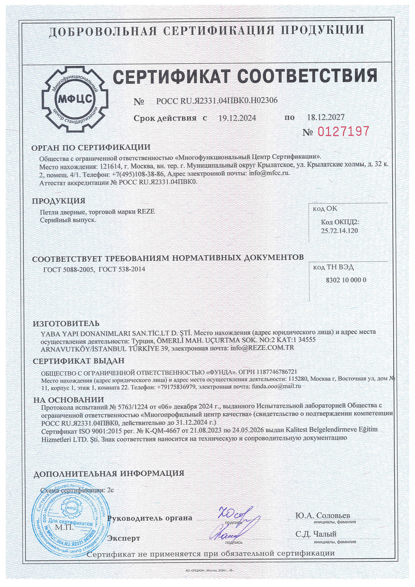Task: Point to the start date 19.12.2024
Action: point(237,118)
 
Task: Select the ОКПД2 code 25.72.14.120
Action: point(339,231)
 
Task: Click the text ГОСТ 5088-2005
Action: point(69,269)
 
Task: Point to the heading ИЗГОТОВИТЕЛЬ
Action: point(66,324)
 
